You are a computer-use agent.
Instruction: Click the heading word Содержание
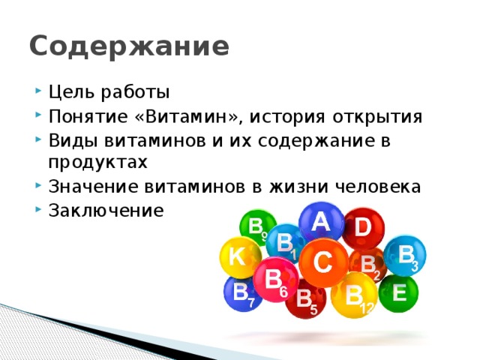coord(129,46)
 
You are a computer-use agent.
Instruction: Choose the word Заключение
coord(104,210)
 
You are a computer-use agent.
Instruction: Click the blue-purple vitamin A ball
coord(321,222)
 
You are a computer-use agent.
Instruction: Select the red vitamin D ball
coord(362,227)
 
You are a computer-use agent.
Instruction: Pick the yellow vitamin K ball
coord(238,257)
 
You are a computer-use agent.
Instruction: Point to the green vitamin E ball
coord(398,292)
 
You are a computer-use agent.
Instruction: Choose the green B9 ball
coord(256,227)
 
